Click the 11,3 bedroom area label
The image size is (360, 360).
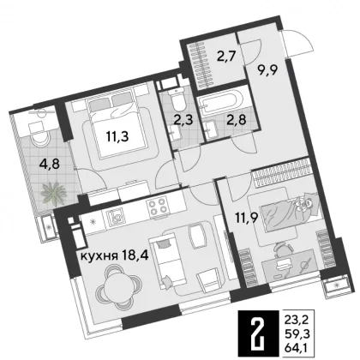tap(117, 137)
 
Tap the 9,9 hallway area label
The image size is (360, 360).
tap(267, 69)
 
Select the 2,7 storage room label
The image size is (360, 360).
tap(225, 57)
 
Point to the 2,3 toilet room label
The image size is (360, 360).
tap(183, 120)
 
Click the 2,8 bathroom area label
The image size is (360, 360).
tap(237, 119)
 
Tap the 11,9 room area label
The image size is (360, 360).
tap(247, 219)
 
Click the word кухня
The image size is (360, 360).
tap(99, 256)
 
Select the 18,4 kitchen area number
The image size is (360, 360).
tap(135, 256)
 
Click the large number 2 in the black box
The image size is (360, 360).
tap(257, 334)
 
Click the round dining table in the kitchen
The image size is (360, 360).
tap(118, 285)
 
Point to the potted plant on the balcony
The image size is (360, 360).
tap(54, 194)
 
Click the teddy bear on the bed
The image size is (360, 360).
tap(304, 205)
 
